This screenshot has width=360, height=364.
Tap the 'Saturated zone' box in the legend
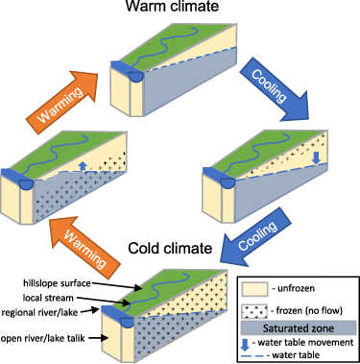click(x=298, y=328)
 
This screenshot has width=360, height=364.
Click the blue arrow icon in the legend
click(x=254, y=341)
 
